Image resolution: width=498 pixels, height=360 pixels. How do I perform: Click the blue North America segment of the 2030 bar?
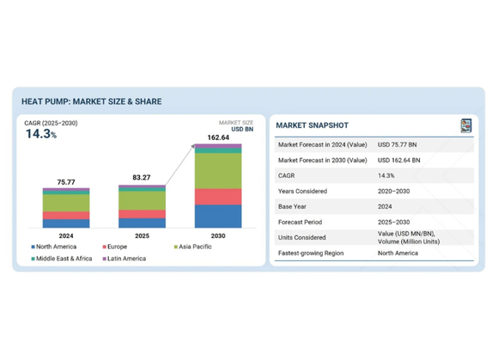point(218,216)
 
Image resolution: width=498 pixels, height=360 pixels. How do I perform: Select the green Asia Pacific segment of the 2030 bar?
point(218,171)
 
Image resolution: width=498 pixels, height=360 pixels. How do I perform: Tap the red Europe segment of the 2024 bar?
point(66,216)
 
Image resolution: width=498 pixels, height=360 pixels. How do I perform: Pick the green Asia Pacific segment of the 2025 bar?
point(142,200)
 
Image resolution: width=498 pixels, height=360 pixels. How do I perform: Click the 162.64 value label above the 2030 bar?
point(218,137)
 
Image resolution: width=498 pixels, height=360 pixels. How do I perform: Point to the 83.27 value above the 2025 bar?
point(142,177)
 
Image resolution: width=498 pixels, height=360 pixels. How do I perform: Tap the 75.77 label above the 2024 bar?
point(66,182)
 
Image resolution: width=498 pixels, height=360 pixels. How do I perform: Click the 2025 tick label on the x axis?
point(142,235)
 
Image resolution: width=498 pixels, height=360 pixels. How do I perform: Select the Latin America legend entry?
point(125,259)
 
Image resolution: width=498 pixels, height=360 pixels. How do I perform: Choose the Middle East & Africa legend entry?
point(62,259)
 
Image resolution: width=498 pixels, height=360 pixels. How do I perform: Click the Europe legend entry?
point(115,247)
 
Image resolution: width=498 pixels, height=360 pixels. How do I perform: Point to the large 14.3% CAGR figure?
point(41,134)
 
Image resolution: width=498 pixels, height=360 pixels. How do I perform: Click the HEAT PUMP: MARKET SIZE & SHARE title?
point(92,101)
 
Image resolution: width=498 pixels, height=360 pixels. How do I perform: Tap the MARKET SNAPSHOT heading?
point(313,125)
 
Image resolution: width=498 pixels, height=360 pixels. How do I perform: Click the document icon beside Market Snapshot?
point(466,125)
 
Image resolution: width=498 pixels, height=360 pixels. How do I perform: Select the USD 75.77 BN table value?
point(397,145)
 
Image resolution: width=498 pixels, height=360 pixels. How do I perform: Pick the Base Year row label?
point(292,206)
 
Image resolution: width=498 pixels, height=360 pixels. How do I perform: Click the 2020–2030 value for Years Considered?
point(393,192)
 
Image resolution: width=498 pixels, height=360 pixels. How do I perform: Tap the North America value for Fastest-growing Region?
point(398,253)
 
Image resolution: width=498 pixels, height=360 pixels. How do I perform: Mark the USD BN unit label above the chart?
point(242,130)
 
